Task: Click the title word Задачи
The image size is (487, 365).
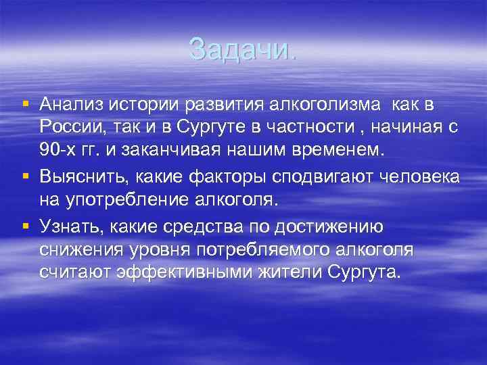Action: pyautogui.click(x=241, y=49)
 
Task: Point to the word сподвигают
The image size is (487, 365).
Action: pyautogui.click(x=323, y=177)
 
